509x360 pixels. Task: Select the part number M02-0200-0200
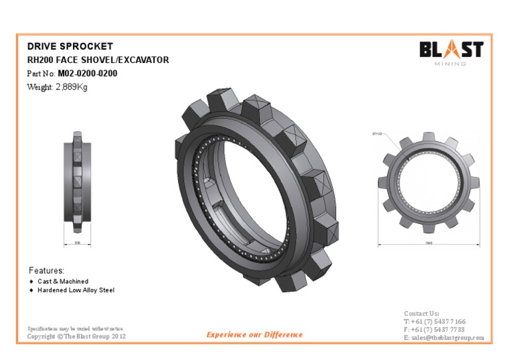pyautogui.click(x=87, y=74)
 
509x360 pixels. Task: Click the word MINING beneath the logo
pyautogui.click(x=451, y=64)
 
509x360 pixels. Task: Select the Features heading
pyautogui.click(x=46, y=270)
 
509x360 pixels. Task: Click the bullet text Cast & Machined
pyautogui.click(x=62, y=281)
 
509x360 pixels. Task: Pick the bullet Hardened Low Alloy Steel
pyautogui.click(x=76, y=290)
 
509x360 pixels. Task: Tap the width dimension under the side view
pyautogui.click(x=78, y=243)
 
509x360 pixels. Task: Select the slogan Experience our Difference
pyautogui.click(x=254, y=335)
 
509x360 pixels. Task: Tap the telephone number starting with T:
pyautogui.click(x=434, y=322)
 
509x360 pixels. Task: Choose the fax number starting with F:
pyautogui.click(x=434, y=330)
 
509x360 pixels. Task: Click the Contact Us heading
pyautogui.click(x=422, y=313)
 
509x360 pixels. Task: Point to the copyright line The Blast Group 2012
pyautogui.click(x=76, y=337)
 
